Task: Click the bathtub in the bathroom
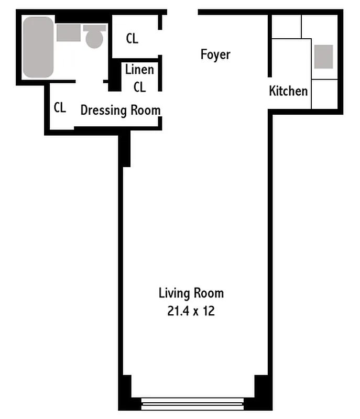pos(38,47)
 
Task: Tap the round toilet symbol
pos(94,38)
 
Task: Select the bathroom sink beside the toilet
pos(69,32)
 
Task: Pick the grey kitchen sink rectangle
pos(323,57)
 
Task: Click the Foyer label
pos(215,54)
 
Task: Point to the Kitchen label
pos(288,91)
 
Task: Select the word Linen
pos(139,70)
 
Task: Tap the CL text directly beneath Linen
pos(139,87)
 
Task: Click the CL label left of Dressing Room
pos(60,107)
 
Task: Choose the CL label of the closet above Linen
pos(132,38)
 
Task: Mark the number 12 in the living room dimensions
pos(209,311)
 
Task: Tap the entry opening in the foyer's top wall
pos(182,12)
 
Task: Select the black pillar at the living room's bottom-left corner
pos(126,390)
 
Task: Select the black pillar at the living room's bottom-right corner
pos(260,390)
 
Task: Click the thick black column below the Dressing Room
pos(125,149)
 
